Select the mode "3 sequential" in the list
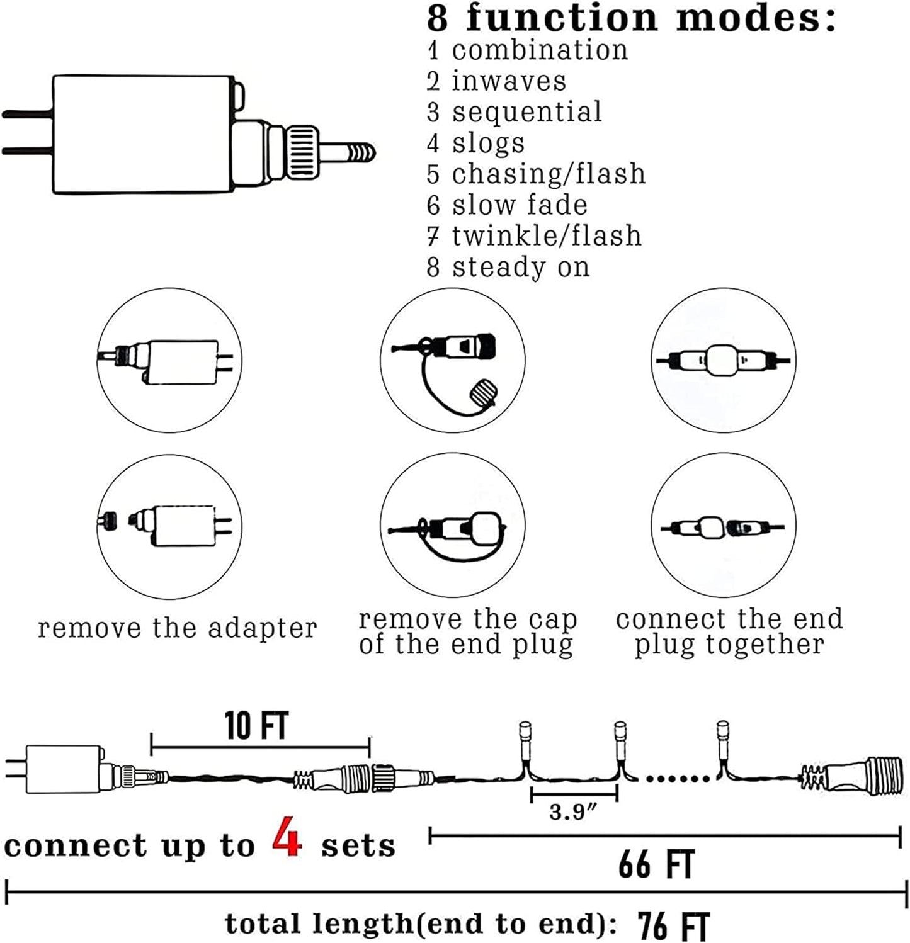pyautogui.click(x=514, y=112)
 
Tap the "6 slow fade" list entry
pyautogui.click(x=507, y=205)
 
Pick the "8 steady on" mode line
pyautogui.click(x=508, y=267)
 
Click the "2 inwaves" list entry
pyautogui.click(x=496, y=81)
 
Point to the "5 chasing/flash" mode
pyautogui.click(x=536, y=174)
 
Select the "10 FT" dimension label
pyautogui.click(x=257, y=726)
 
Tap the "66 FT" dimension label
pyautogui.click(x=656, y=864)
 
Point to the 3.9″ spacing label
pyautogui.click(x=572, y=812)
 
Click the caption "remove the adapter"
pyautogui.click(x=177, y=628)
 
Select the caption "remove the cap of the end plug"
pyautogui.click(x=467, y=632)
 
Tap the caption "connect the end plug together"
pyautogui.click(x=729, y=632)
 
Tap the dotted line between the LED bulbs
pyautogui.click(x=678, y=779)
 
